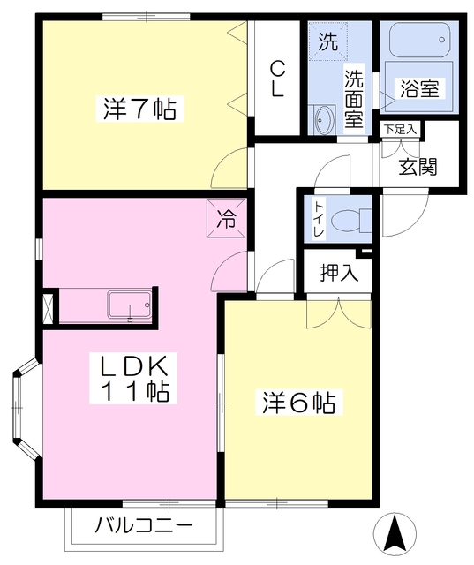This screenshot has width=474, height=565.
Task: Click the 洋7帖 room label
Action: click(x=139, y=110)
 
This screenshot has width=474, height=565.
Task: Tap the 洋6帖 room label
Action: click(x=297, y=403)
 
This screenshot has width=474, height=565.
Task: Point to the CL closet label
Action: click(x=277, y=79)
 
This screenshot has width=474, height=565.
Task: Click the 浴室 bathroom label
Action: click(x=422, y=89)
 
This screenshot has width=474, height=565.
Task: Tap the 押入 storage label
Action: click(x=339, y=272)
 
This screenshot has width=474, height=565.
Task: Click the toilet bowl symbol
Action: click(x=353, y=219)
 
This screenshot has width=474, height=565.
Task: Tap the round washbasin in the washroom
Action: click(x=323, y=117)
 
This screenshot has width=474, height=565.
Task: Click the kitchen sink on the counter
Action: click(x=130, y=305)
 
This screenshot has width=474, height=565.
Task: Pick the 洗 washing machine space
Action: click(x=327, y=41)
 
